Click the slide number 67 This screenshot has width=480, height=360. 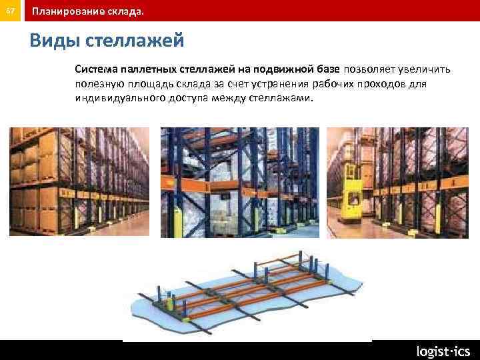[10, 11]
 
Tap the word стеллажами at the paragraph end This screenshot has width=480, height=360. [283, 99]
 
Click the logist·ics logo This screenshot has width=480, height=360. [443, 351]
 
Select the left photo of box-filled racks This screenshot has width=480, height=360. [79, 181]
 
